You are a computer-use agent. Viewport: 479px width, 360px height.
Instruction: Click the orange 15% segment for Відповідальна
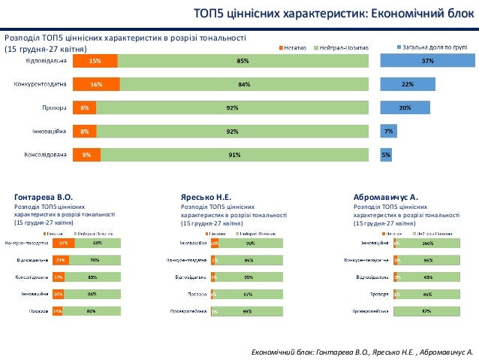pos(95,61)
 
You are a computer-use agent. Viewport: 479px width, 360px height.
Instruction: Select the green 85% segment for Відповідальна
pos(243,61)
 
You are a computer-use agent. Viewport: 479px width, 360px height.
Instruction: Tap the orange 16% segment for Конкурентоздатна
pos(96,85)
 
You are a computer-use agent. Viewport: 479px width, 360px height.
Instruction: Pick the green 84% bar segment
pos(244,85)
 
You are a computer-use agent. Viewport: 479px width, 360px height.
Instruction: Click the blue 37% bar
pos(428,61)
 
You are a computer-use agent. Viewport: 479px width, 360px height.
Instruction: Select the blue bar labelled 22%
pos(408,85)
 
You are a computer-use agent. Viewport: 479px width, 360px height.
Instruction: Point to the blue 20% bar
pos(405,108)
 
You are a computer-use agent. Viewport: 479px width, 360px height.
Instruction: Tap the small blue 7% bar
pos(388,132)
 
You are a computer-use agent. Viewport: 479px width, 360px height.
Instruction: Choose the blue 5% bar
pos(386,156)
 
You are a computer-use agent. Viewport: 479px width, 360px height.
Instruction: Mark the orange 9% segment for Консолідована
pos(86,156)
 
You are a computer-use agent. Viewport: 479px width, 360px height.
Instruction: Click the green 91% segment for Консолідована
pos(234,156)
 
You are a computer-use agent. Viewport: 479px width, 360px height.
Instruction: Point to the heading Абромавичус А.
pos(385,197)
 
